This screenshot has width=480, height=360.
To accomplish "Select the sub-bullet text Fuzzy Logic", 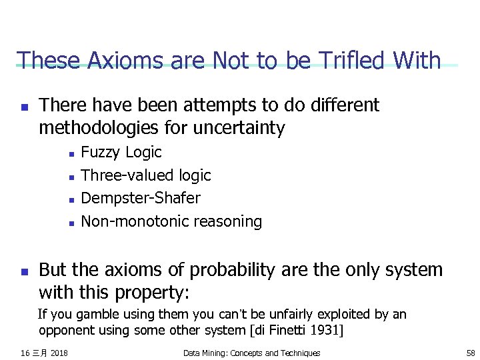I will pos(121,153).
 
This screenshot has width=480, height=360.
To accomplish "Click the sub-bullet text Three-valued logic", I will pos(145,175).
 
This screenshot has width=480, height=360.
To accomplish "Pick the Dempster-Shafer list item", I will pos(140,198).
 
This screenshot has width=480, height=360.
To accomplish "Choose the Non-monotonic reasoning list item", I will pos(171,221).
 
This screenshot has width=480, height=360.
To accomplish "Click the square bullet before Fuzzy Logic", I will pos(71,153).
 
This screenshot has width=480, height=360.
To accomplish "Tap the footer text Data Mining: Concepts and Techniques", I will pos(251,353).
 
